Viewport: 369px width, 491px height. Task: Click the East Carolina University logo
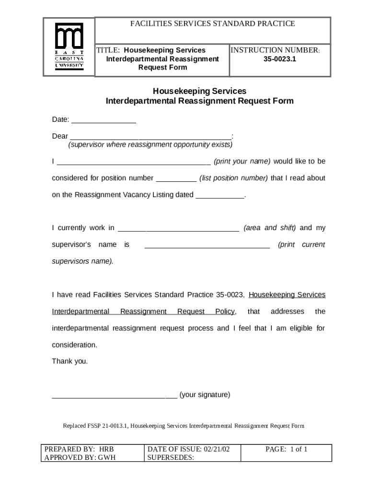(69, 47)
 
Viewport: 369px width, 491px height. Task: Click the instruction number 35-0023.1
(279, 59)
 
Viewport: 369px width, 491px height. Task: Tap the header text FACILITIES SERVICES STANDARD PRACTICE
(213, 23)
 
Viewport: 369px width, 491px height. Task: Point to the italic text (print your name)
(242, 161)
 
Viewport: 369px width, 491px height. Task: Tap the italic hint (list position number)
(233, 178)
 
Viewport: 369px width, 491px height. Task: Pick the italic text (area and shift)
(270, 228)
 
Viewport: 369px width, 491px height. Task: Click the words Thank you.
(70, 362)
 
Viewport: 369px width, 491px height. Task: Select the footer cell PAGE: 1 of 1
(286, 449)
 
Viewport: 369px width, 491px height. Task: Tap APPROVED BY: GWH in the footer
(80, 457)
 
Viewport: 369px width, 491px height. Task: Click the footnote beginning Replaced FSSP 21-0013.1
(184, 426)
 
